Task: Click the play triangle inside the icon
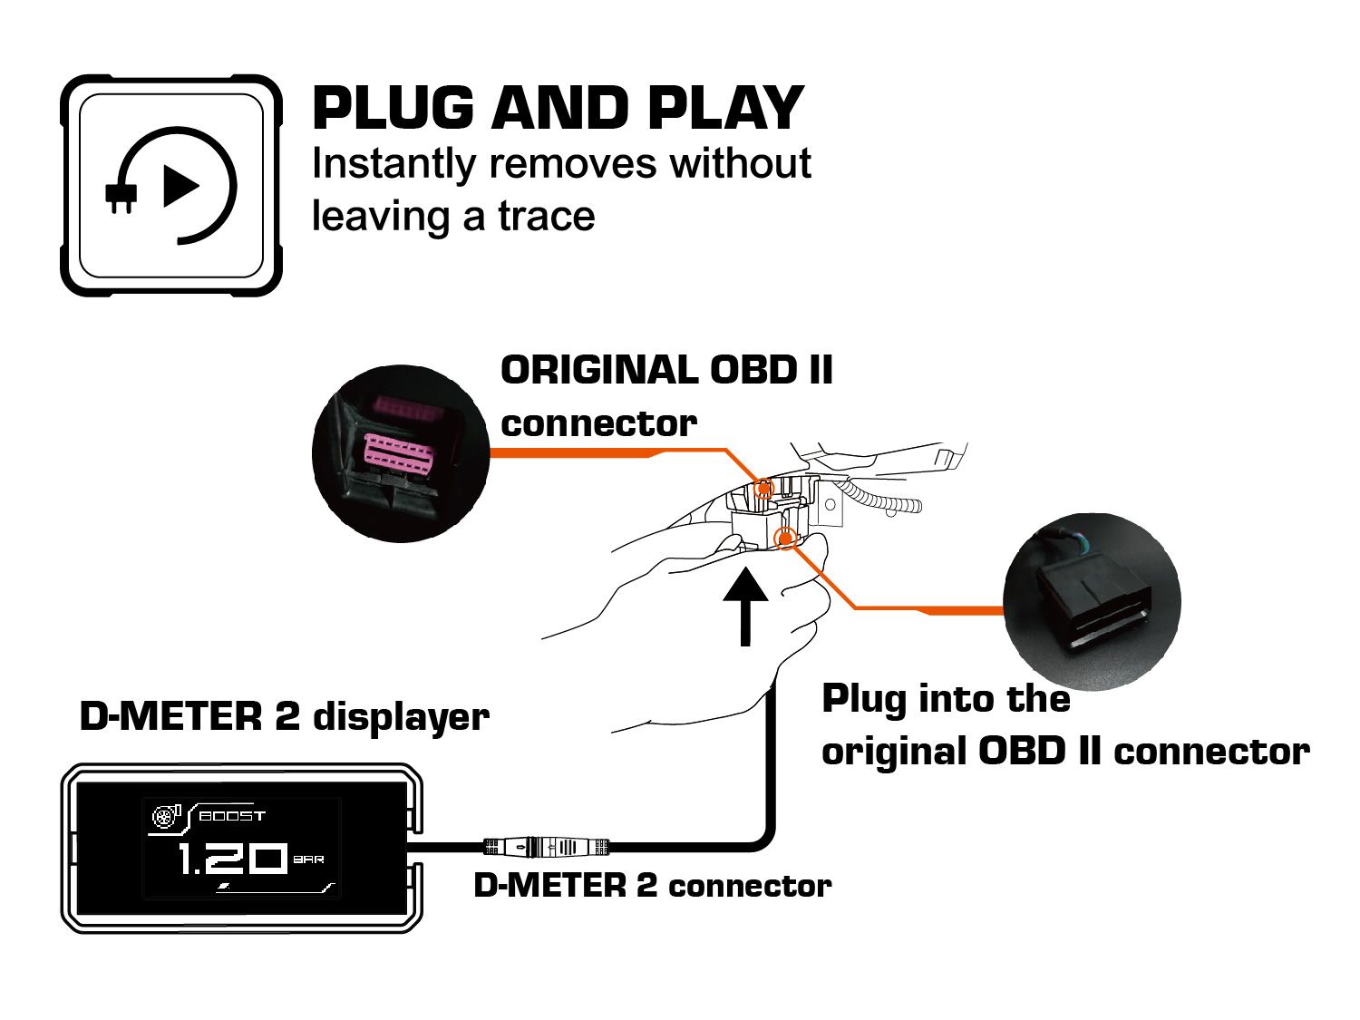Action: coord(180,187)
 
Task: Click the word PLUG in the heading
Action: coord(392,109)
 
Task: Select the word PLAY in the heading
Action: coord(725,109)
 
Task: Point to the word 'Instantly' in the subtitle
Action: coord(393,165)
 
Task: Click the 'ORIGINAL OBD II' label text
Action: coord(666,370)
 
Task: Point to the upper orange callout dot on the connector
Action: coord(763,489)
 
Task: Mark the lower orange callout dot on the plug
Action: coord(786,539)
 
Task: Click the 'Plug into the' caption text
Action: coord(945,699)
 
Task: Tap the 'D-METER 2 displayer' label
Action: coord(284,716)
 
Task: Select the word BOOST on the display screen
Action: coord(232,816)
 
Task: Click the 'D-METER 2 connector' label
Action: coord(652,886)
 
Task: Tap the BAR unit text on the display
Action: coord(309,859)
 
